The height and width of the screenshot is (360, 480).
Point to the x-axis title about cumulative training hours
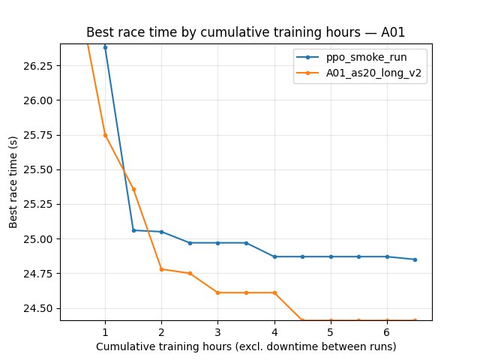point(246,346)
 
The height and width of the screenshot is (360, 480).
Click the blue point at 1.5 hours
point(133,230)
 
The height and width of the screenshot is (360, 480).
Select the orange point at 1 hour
point(105,135)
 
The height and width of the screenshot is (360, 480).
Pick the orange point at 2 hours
point(161,269)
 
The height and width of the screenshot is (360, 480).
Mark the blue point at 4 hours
point(274,256)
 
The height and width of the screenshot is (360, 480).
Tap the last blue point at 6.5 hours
point(415,259)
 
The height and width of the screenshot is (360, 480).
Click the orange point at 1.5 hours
point(133,189)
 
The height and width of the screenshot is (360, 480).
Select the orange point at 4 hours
point(274,292)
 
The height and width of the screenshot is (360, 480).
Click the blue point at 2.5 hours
point(190,243)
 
